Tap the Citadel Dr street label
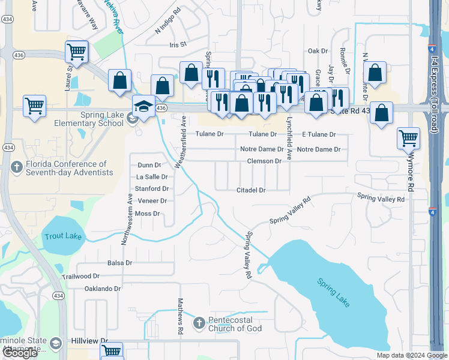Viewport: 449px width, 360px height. [251, 190]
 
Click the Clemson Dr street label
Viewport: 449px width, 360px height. [264, 161]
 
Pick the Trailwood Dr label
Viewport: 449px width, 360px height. [80, 276]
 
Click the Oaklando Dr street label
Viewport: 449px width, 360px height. [103, 289]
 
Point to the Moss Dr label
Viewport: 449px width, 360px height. [147, 214]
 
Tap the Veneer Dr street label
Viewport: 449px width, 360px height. [151, 201]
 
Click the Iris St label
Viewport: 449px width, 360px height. [179, 44]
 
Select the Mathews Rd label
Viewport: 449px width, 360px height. [180, 317]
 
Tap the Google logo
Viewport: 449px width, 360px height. [20, 353]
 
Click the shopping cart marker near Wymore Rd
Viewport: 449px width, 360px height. [409, 138]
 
